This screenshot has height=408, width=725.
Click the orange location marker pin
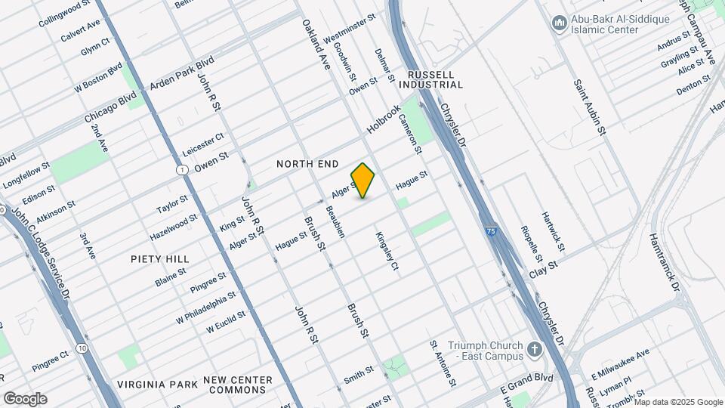click(x=363, y=180)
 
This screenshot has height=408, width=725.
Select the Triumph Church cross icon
click(x=535, y=349)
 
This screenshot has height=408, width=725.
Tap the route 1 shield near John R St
click(x=183, y=170)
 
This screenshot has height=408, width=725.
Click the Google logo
click(x=25, y=399)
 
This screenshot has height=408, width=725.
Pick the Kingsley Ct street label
click(x=387, y=251)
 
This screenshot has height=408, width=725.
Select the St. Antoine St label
click(x=443, y=363)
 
